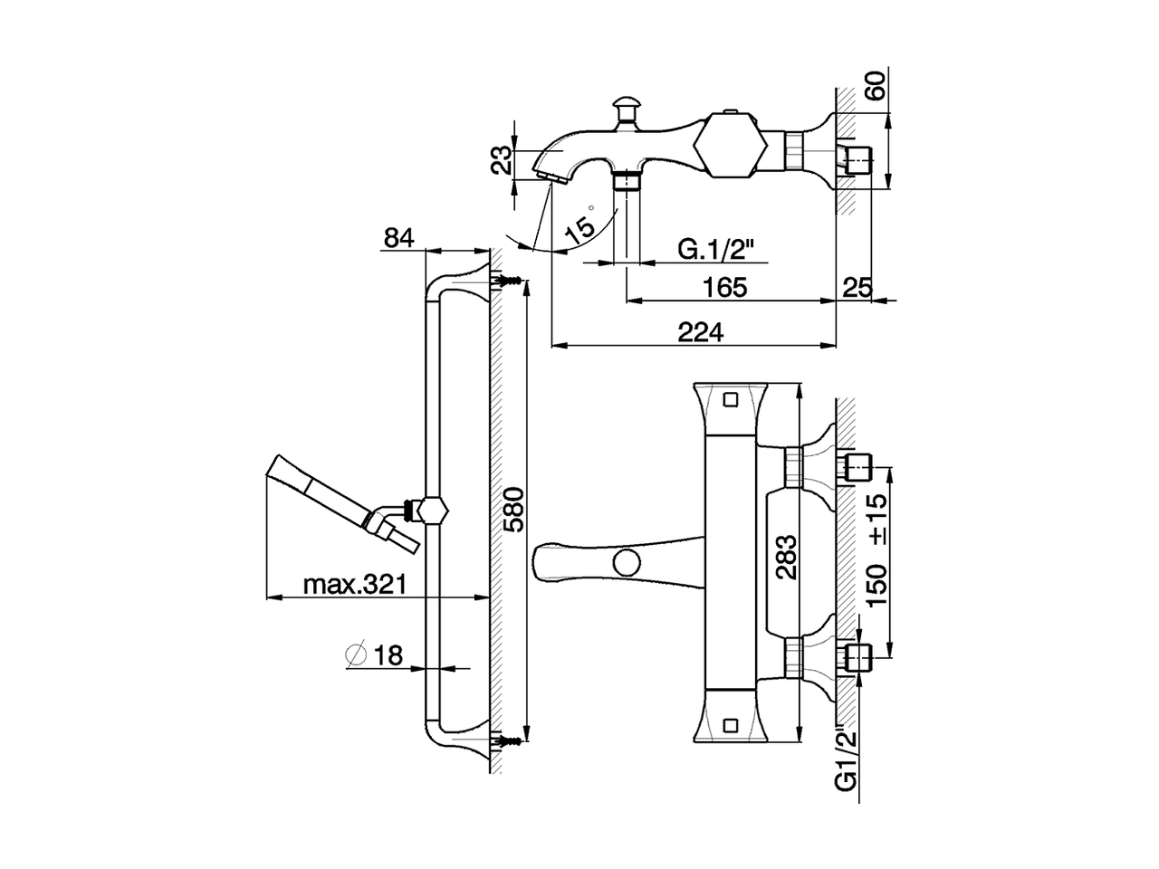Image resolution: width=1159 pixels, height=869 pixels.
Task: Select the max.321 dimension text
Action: (x=353, y=584)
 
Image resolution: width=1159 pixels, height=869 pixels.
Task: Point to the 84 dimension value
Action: (x=398, y=237)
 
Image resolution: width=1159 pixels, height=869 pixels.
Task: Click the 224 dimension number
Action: (x=701, y=332)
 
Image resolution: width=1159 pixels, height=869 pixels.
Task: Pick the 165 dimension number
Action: (x=724, y=287)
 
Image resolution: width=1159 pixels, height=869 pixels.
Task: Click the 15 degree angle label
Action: (x=580, y=227)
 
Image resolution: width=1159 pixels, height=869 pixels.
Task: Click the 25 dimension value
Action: (x=857, y=288)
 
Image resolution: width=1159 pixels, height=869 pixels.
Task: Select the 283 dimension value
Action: (x=786, y=557)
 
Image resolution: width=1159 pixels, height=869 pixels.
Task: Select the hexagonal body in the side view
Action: (x=723, y=146)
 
